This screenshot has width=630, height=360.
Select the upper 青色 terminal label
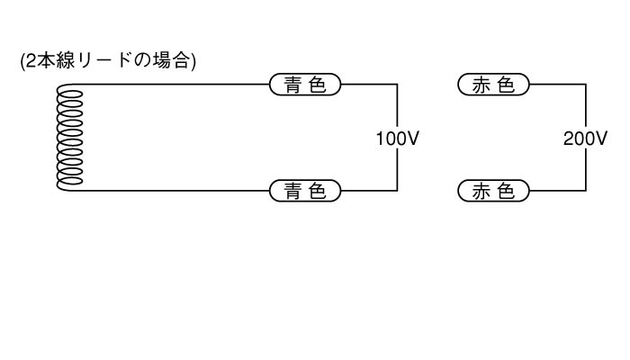(306, 85)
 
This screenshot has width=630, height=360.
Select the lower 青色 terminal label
(306, 191)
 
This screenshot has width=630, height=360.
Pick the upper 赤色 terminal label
(493, 85)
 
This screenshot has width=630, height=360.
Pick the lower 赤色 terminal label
(493, 191)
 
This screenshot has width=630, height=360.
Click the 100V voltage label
(397, 139)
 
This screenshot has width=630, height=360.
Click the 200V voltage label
(586, 139)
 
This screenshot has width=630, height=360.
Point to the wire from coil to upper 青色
(171, 85)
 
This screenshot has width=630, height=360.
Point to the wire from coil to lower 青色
(171, 191)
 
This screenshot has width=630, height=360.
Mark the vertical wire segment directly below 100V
(397, 171)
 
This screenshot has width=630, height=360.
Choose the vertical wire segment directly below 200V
(586, 171)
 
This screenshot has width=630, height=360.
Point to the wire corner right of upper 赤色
(586, 85)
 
